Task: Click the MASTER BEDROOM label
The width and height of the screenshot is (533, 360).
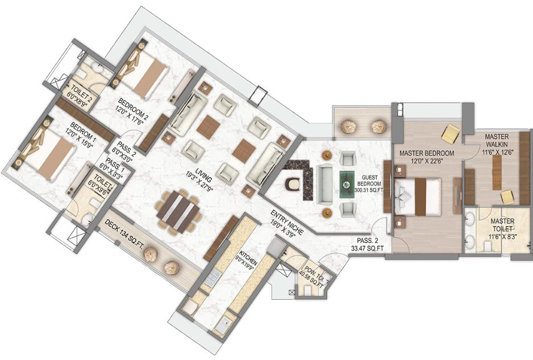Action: tap(426, 154)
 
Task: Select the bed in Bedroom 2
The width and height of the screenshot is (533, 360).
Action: tap(147, 73)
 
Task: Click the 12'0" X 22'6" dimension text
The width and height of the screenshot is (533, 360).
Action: tap(426, 161)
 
